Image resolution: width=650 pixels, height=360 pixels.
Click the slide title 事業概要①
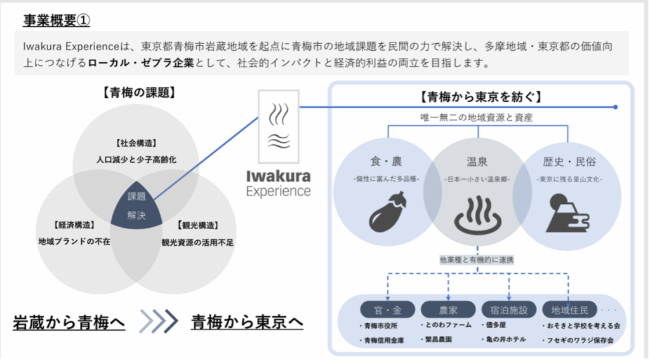[56, 20]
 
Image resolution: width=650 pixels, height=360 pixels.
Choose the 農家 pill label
[448, 310]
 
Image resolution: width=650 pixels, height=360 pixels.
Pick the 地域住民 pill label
[569, 310]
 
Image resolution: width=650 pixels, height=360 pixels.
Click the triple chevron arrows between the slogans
[159, 322]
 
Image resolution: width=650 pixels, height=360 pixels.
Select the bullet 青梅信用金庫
[384, 341]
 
